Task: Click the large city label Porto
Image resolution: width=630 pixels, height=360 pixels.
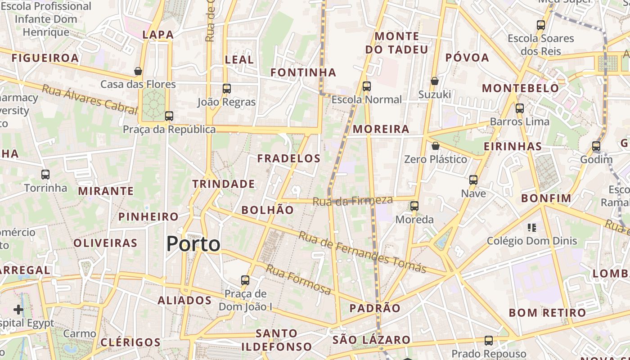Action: click(x=193, y=244)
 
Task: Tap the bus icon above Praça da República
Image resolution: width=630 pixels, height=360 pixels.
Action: click(x=169, y=116)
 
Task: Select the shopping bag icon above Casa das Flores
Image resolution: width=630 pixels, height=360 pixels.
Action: click(x=138, y=71)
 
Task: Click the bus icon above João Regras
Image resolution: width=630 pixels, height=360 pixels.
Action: click(x=227, y=89)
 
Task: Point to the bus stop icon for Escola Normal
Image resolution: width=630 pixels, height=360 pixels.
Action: click(x=367, y=86)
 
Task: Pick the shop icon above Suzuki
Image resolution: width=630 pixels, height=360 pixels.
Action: click(x=434, y=81)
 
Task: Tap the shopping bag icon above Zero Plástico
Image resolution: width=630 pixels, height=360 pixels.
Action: click(x=435, y=146)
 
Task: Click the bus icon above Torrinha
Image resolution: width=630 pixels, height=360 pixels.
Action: click(x=45, y=175)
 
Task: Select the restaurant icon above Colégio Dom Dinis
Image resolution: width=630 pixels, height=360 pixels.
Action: click(x=532, y=228)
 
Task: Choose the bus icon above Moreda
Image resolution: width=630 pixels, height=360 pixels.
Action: click(x=414, y=206)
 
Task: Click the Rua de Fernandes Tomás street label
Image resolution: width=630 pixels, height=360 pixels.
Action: click(x=362, y=252)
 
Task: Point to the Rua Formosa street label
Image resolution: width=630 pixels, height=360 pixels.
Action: click(x=298, y=279)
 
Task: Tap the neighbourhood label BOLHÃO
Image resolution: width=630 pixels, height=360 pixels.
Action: click(x=267, y=210)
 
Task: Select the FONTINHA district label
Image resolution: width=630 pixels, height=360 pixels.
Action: click(x=303, y=72)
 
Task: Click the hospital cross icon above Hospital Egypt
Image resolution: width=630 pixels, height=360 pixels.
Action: click(x=18, y=310)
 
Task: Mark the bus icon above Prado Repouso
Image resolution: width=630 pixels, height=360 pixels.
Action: click(x=489, y=341)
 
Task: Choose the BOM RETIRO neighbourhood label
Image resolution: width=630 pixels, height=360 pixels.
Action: click(x=547, y=313)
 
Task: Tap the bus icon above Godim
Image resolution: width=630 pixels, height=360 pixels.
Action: click(x=596, y=146)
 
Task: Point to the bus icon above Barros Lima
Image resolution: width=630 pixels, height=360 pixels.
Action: click(x=520, y=108)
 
